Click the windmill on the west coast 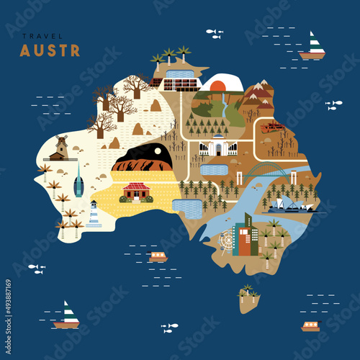click(x=60, y=148)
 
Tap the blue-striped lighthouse click(x=94, y=215)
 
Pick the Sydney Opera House click(x=292, y=206)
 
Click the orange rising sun click(x=218, y=84)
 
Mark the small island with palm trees click(x=250, y=297)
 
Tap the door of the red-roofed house click(x=136, y=195)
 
